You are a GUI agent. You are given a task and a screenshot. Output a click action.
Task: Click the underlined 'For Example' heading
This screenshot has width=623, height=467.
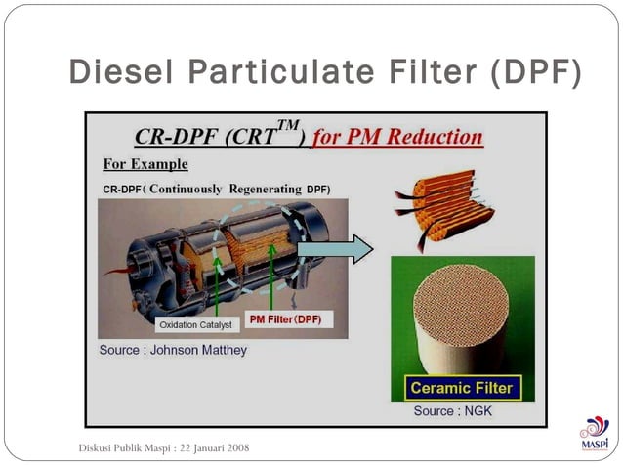145,163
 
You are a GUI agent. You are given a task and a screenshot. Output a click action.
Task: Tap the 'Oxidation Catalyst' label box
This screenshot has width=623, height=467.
195,324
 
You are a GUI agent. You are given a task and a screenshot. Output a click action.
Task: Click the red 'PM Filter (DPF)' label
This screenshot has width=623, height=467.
285,319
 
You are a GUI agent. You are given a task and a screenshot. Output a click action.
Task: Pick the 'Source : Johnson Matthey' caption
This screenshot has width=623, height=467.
173,349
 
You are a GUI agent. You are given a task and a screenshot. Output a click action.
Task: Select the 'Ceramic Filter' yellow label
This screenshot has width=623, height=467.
461,388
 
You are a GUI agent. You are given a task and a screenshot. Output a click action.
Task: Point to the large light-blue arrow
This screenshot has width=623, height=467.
335,249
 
